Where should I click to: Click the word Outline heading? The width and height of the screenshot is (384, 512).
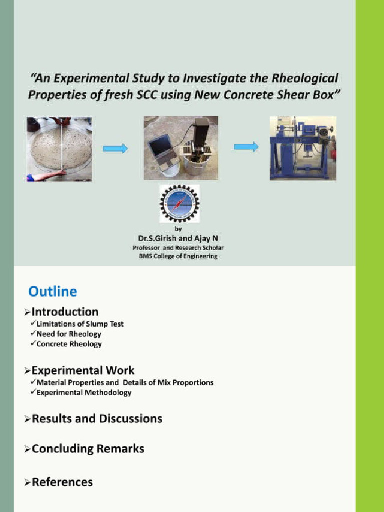pyautogui.click(x=53, y=291)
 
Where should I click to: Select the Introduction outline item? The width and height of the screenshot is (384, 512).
pyautogui.click(x=65, y=312)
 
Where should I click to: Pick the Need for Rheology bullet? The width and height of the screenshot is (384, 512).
pyautogui.click(x=69, y=334)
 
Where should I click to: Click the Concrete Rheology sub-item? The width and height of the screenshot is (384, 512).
pyautogui.click(x=69, y=344)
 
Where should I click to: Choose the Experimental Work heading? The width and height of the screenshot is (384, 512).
pyautogui.click(x=83, y=370)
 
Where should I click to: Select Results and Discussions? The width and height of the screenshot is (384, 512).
pyautogui.click(x=97, y=418)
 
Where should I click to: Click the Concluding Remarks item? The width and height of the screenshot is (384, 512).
pyautogui.click(x=88, y=448)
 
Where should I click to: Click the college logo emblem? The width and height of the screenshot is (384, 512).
pyautogui.click(x=179, y=203)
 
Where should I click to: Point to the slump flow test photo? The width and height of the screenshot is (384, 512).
pyautogui.click(x=59, y=148)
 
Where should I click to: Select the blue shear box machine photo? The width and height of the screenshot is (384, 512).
pyautogui.click(x=303, y=148)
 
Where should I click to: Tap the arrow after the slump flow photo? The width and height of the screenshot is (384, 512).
pyautogui.click(x=115, y=148)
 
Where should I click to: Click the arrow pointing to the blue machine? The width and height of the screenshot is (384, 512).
pyautogui.click(x=246, y=147)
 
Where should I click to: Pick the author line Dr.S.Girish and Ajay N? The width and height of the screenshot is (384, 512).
pyautogui.click(x=178, y=239)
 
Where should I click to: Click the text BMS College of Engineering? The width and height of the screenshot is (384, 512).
pyautogui.click(x=178, y=256)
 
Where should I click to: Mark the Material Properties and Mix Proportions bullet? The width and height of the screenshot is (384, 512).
pyautogui.click(x=125, y=382)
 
